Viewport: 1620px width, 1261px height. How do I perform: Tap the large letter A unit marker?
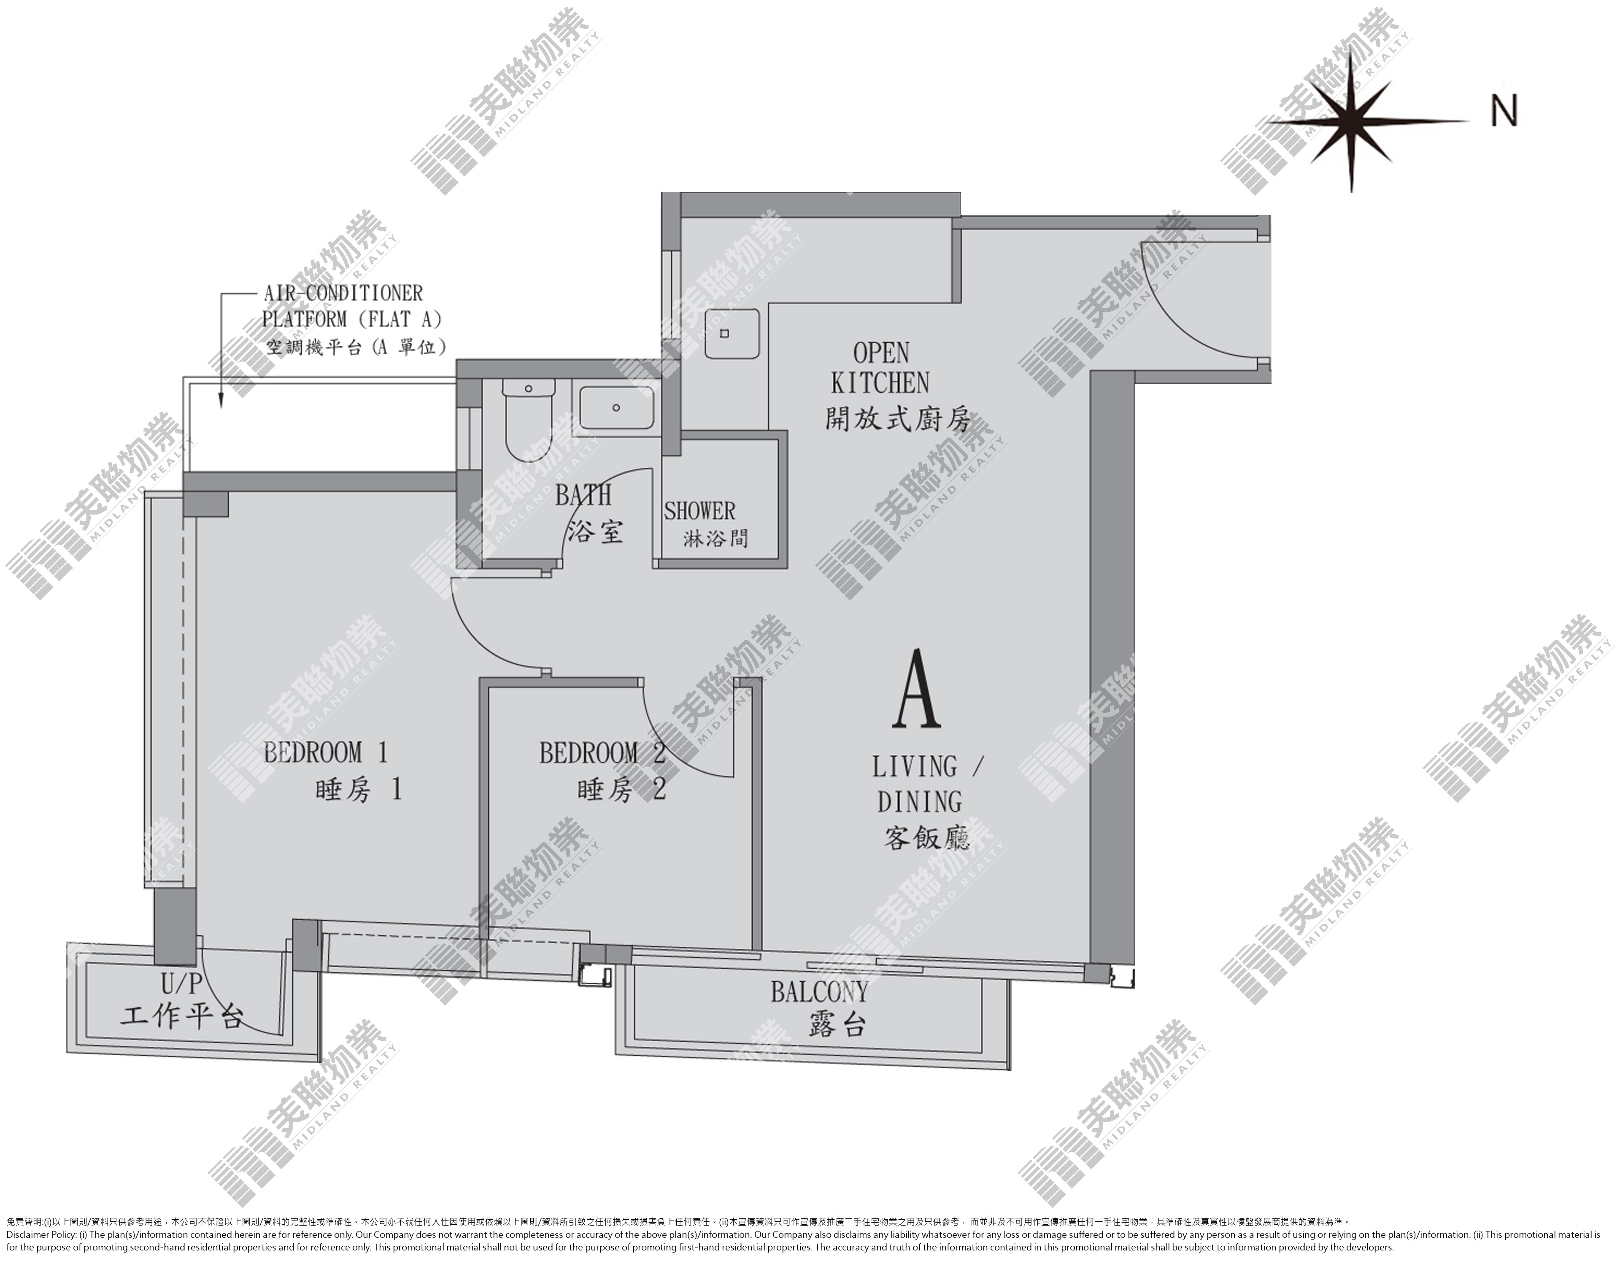click(918, 690)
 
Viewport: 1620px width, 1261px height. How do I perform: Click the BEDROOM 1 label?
click(326, 753)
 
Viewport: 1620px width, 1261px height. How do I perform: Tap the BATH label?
click(583, 494)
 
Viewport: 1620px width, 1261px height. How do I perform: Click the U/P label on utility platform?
click(182, 984)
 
